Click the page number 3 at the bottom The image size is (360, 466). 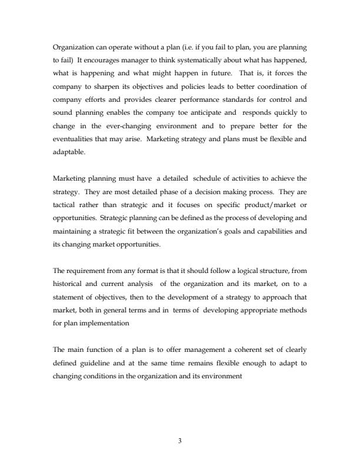(x=179, y=438)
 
